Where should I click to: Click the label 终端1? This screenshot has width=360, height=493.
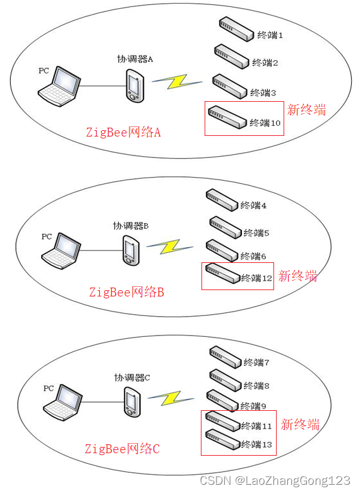coord(270,35)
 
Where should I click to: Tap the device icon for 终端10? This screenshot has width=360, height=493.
coord(227,117)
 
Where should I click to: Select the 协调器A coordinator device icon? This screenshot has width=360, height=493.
coord(135,86)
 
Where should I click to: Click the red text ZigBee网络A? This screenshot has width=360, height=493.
coord(123,132)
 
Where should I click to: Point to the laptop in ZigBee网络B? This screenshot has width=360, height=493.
coord(61,251)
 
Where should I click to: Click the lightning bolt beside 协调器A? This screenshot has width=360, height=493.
coord(177,82)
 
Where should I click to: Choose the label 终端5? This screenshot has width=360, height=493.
coord(256,233)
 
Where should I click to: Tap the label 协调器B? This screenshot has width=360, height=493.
coord(131,226)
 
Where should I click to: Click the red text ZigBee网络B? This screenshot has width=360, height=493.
coord(126,292)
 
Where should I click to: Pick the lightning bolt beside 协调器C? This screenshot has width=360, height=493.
coord(171,398)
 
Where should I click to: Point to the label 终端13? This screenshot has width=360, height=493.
coord(256,444)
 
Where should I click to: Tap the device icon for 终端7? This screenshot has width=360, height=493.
coord(226,357)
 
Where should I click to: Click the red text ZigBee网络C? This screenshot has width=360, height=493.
coord(122,449)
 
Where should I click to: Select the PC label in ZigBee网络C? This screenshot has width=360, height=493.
coord(49,388)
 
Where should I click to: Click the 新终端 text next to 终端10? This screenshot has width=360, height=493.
coord(306,110)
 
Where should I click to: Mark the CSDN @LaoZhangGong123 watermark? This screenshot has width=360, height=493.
coord(275,481)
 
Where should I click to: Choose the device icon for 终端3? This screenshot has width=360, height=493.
coord(230,87)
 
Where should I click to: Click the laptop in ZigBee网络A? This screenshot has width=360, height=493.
coord(59,86)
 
